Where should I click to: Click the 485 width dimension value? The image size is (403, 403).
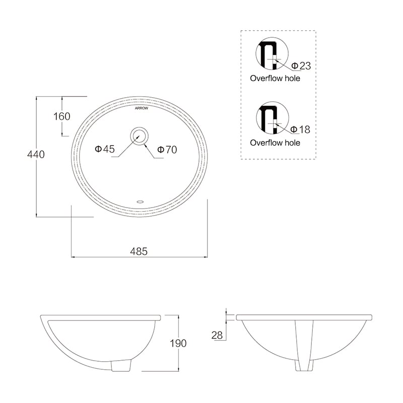point(139,251)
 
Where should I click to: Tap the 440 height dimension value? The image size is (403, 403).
point(36,154)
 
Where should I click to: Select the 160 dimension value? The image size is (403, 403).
point(61,116)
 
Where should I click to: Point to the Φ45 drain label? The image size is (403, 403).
point(105,149)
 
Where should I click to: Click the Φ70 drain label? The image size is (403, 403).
point(167,149)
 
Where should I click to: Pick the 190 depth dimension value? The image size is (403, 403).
point(178,343)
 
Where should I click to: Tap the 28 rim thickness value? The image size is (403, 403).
point(217,335)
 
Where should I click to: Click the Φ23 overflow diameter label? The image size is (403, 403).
point(301,66)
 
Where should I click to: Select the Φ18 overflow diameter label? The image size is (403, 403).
point(300,129)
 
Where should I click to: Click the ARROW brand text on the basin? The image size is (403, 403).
point(142,108)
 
